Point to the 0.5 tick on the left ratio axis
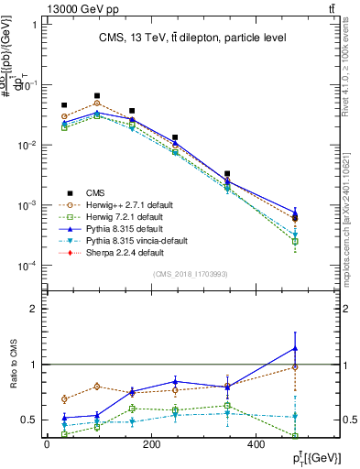(32, 420)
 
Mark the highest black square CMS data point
(97, 95)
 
